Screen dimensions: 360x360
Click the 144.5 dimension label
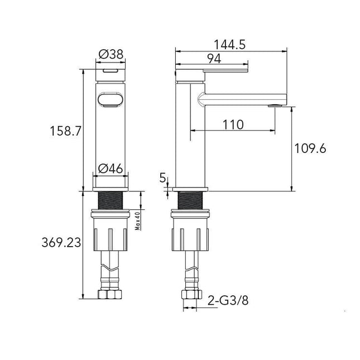pos(229,45)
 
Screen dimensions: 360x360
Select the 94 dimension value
pos(214,59)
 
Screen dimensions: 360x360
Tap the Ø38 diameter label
pos(111,54)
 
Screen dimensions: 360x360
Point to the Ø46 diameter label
pos(111,169)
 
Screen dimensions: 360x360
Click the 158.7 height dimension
pos(66,131)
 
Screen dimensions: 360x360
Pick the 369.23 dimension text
pos(61,242)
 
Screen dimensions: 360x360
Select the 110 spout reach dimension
pos(233,125)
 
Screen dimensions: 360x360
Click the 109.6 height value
pos(310,148)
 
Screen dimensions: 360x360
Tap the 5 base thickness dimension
pos(162,177)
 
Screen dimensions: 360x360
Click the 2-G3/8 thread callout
pos(228,300)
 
